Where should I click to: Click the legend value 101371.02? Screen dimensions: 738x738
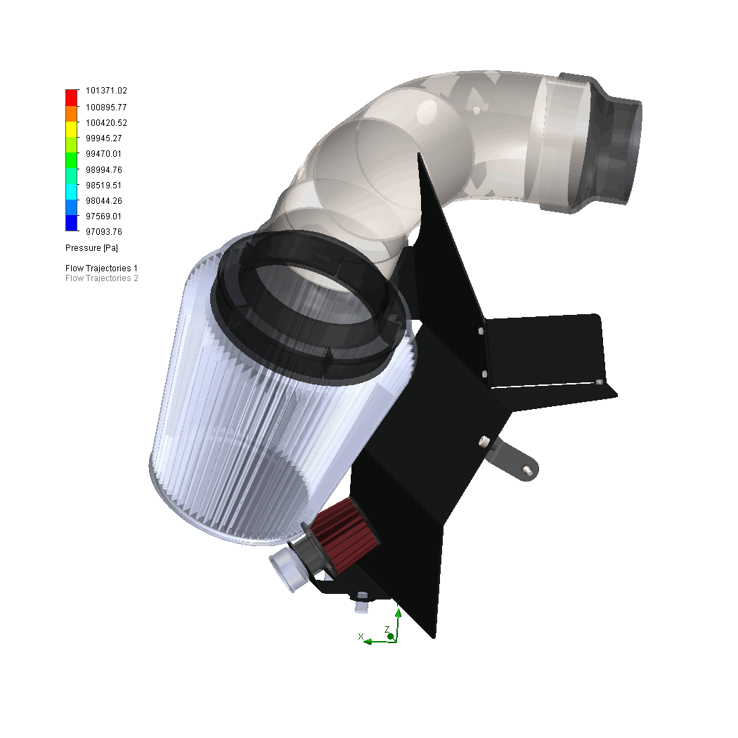pyautogui.click(x=106, y=91)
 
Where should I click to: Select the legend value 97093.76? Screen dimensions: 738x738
pyautogui.click(x=104, y=231)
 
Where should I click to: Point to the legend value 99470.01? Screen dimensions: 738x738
pyautogui.click(x=103, y=153)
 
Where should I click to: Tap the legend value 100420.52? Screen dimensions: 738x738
pyautogui.click(x=106, y=122)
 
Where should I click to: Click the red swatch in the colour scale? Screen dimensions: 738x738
pyautogui.click(x=72, y=98)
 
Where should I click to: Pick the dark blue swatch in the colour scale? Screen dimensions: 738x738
pyautogui.click(x=72, y=223)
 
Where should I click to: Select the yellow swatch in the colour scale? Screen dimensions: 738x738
pyautogui.click(x=72, y=129)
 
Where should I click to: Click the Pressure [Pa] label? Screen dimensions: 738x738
pyautogui.click(x=92, y=248)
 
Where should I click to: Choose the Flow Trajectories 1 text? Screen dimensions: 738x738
pyautogui.click(x=102, y=268)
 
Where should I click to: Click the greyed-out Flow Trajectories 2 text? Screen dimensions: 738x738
pyautogui.click(x=102, y=278)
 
